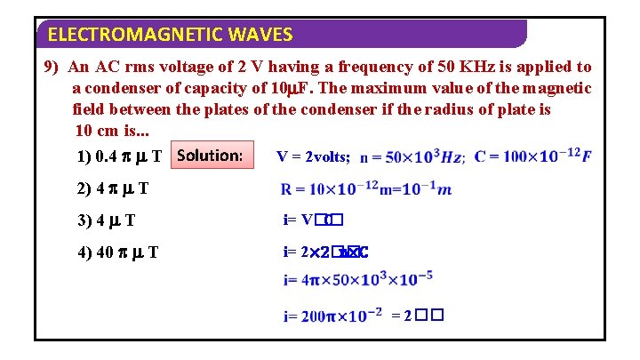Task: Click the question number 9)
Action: [x=55, y=68]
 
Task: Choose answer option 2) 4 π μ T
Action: [x=112, y=188]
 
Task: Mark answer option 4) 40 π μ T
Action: [x=118, y=252]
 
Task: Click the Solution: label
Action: [x=210, y=156]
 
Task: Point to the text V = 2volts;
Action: [x=314, y=157]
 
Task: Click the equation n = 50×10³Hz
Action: [x=412, y=157]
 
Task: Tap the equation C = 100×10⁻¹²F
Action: [x=532, y=156]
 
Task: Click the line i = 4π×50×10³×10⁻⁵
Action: [x=358, y=281]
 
